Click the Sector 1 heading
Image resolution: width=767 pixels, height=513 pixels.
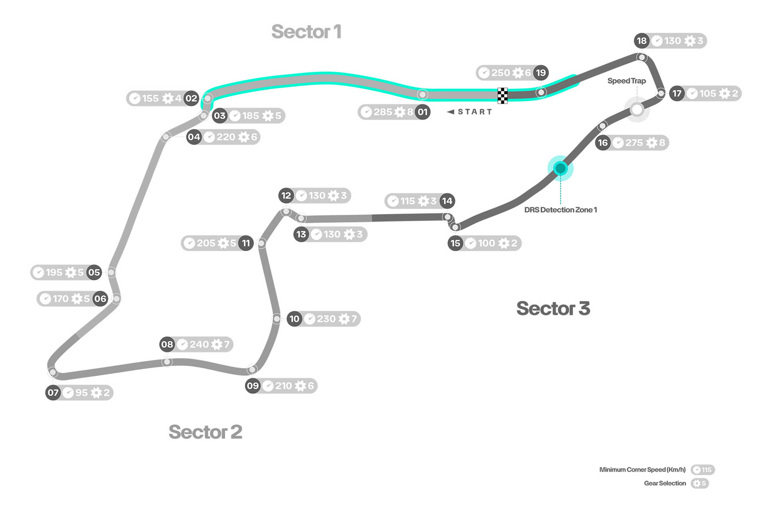pos(306,32)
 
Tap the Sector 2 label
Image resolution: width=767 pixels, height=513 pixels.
pos(205,432)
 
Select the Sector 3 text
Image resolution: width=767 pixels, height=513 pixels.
pos(553,309)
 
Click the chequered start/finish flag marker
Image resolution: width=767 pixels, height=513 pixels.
pos(502,96)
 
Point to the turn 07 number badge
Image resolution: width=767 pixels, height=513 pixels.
pos(53,392)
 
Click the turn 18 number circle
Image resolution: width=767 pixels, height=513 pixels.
pos(642,41)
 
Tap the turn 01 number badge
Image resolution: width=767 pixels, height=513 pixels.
pos(423,112)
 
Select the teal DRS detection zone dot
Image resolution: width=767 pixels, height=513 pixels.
pos(560,168)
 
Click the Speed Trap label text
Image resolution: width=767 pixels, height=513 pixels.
pos(626,81)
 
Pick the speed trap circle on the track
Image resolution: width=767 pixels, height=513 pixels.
pos(637,109)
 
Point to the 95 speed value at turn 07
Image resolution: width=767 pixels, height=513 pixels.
pos(81,393)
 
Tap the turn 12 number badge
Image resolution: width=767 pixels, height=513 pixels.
pos(286,196)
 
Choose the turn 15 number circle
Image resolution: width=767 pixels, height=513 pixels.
pos(455,243)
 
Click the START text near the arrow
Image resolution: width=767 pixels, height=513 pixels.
pos(475,112)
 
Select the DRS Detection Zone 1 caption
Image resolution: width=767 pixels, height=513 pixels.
pos(560,210)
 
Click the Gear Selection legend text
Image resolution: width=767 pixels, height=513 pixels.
pos(665,483)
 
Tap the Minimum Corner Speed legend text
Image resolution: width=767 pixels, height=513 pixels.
pos(642,470)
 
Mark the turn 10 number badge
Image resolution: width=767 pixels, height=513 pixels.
pos(294,319)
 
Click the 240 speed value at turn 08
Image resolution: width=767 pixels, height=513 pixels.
pos(199,345)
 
